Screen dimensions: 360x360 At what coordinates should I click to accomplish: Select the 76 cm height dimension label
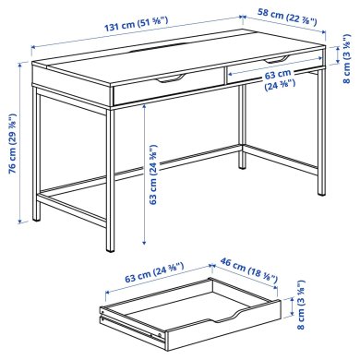coord(12,126)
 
